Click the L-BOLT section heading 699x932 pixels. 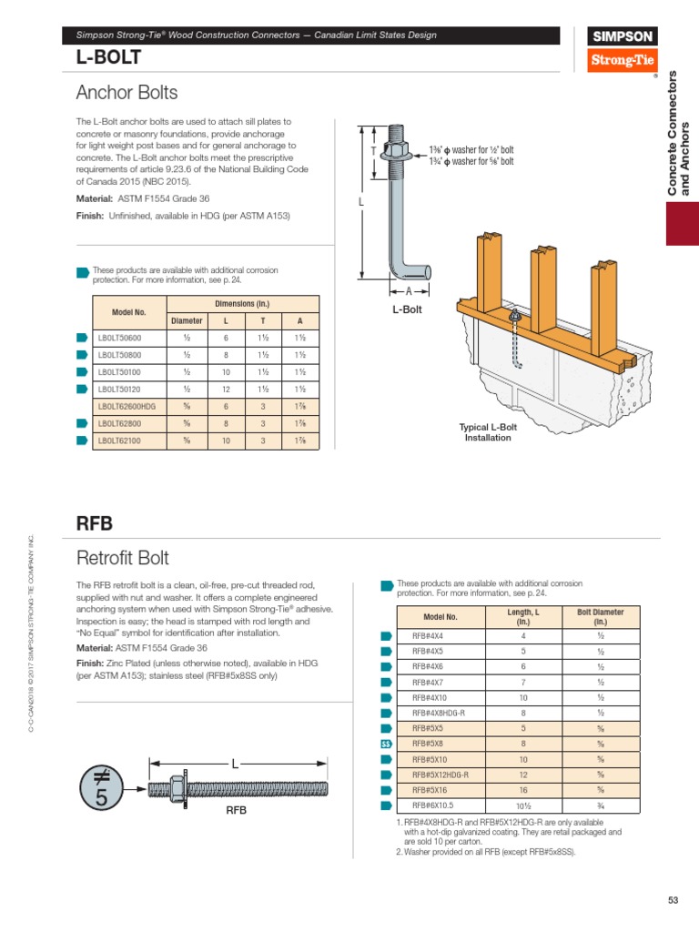tap(108, 57)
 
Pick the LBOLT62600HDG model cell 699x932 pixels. tap(128, 407)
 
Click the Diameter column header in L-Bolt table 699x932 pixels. tap(186, 320)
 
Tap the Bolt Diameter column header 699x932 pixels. tap(601, 616)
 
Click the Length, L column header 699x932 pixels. tap(523, 616)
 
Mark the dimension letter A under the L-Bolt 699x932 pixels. tap(410, 290)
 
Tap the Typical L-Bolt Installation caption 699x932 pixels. tap(486, 432)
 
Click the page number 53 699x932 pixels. tap(673, 900)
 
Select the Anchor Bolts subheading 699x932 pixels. tap(127, 93)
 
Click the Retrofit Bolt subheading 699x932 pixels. tap(123, 557)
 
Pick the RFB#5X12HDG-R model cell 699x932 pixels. tap(440, 775)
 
